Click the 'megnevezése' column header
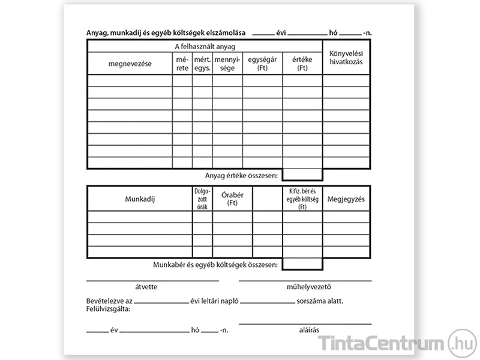pos(130,63)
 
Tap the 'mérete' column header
pos(182,64)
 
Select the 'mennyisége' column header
pos(227,64)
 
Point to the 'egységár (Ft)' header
pos(262,64)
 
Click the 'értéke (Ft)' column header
pos(302,64)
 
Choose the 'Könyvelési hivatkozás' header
pos(346,58)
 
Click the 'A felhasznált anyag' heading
pos(205,46)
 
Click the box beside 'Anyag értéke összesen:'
pos(302,175)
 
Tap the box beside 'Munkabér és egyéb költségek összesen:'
pos(302,264)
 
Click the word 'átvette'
pos(146,287)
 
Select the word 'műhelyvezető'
pos(305,287)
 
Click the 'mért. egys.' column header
pos(202,64)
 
